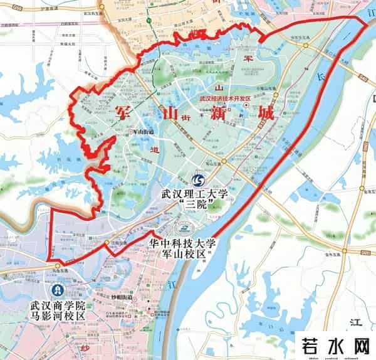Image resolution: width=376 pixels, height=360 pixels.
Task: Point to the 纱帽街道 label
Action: click(104, 297)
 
